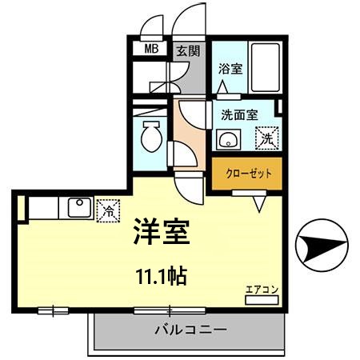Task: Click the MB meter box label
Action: (x=150, y=49)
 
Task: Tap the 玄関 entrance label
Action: (x=189, y=49)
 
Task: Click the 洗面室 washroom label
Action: (x=240, y=114)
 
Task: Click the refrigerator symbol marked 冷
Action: (x=106, y=210)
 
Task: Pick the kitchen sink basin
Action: (x=79, y=207)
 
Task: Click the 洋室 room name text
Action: (x=160, y=232)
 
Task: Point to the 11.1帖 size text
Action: (x=160, y=277)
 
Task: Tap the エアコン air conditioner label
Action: (x=261, y=289)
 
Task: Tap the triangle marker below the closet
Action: (x=259, y=205)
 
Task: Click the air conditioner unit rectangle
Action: (x=261, y=299)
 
